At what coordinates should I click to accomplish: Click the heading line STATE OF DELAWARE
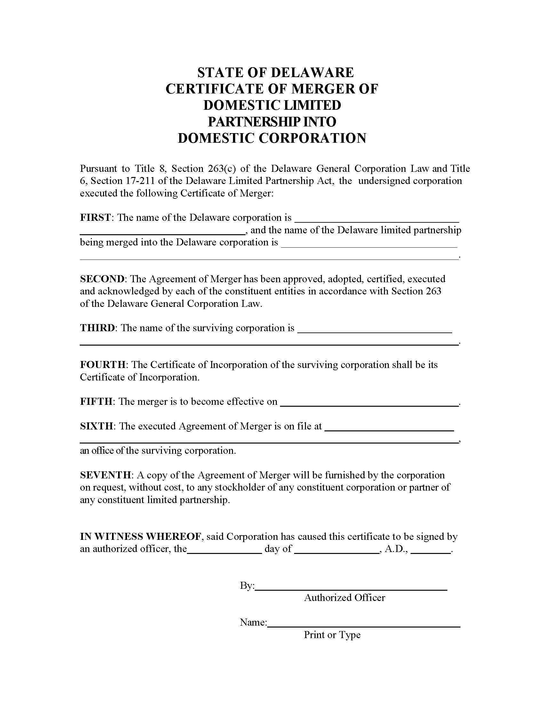(x=275, y=73)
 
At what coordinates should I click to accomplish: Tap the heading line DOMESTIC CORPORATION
(x=272, y=138)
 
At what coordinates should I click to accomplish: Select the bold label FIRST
(x=95, y=218)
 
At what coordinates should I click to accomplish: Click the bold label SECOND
(x=102, y=279)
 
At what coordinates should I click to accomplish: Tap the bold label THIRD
(x=97, y=328)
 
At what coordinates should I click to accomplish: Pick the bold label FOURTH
(x=103, y=364)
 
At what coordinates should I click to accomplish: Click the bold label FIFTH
(x=96, y=401)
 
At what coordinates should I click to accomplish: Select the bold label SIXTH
(x=96, y=426)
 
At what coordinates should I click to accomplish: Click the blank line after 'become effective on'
(x=369, y=405)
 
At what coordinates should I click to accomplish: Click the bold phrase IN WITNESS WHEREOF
(x=141, y=536)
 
